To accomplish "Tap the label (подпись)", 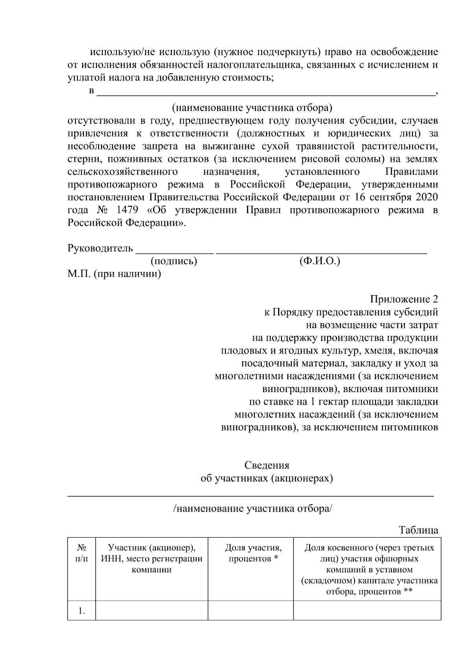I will pos(173,261).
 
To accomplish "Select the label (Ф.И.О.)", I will pos(319,261).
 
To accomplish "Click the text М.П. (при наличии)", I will pos(114,274).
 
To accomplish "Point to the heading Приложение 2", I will pos(404,299).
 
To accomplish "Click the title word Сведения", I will pos(267,465).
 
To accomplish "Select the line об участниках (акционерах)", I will pos(267,478).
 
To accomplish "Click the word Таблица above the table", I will pos(419,530).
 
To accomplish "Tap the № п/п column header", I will pos(81,553).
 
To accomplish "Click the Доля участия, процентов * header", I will pos(253,553).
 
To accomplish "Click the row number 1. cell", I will pos(81,611).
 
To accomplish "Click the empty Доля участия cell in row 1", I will pos(251,611).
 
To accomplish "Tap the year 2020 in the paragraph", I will pos(425,197).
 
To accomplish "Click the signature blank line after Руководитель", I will pos(174,250).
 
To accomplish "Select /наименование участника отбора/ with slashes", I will pos(253,509).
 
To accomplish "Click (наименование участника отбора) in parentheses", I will pos(252,107).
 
